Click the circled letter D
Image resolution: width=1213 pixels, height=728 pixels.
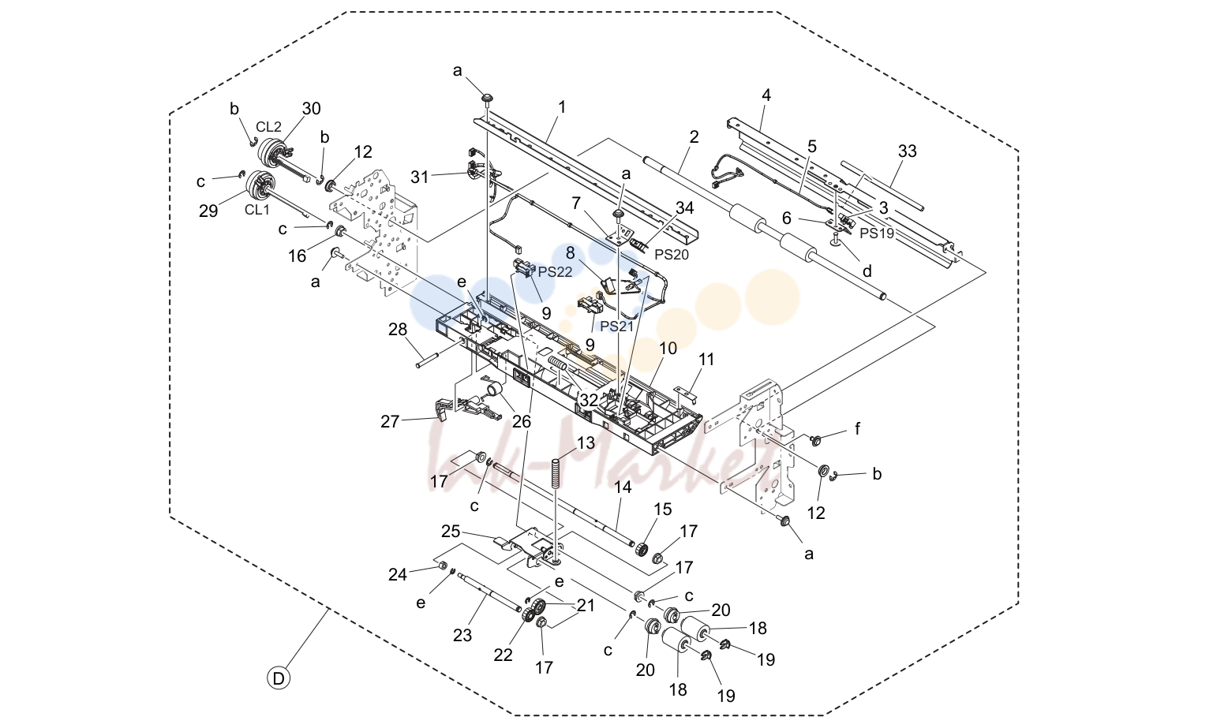click(279, 678)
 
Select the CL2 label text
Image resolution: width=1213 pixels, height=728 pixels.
click(268, 127)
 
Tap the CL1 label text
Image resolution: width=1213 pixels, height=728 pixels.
click(257, 210)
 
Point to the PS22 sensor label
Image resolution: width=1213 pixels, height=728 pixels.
click(555, 271)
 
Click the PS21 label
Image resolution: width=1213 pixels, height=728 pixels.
click(617, 326)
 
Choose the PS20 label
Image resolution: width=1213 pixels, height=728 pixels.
click(672, 255)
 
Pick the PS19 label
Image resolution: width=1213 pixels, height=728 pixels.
click(878, 233)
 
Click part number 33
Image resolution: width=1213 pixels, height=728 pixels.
click(907, 151)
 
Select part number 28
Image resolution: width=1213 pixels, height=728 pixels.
click(398, 329)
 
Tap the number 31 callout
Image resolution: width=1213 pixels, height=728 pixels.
click(420, 177)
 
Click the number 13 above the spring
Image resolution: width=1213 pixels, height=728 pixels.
click(586, 442)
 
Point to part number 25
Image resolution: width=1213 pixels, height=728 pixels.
click(451, 532)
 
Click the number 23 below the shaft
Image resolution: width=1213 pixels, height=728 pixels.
click(462, 635)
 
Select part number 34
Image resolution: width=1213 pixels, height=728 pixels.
click(684, 207)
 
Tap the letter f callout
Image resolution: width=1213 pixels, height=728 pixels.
click(857, 429)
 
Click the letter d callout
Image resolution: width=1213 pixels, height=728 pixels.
click(867, 271)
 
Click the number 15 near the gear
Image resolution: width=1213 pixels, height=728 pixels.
click(663, 510)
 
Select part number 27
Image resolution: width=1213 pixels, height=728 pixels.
click(390, 421)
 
